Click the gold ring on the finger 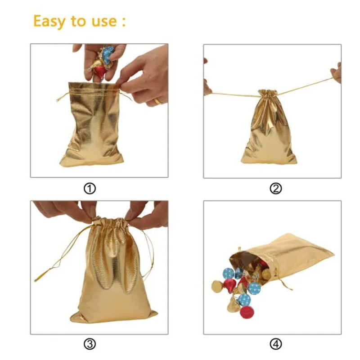pyautogui.click(x=158, y=101)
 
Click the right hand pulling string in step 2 pyautogui.click(x=336, y=73)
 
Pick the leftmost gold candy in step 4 pyautogui.click(x=217, y=286)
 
